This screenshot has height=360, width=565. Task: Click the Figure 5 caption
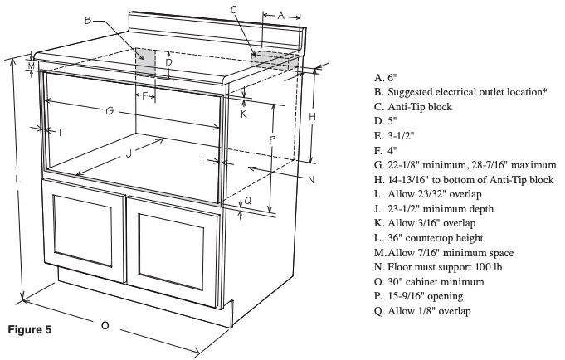coord(30,330)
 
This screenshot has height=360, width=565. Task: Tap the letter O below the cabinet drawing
coord(105,325)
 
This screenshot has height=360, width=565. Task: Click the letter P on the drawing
coord(272,139)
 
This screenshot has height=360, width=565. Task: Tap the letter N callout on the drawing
coord(309,179)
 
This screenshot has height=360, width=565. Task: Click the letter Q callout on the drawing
coord(246,201)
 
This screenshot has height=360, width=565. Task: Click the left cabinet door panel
coord(85,235)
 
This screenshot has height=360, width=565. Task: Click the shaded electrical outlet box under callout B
coord(145,60)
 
